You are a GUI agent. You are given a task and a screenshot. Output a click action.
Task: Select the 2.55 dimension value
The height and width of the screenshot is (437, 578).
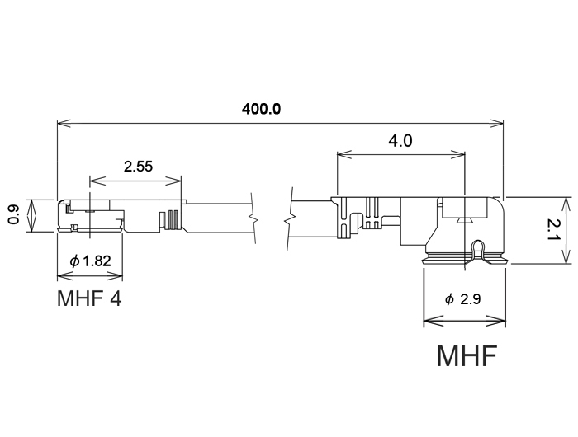pyautogui.click(x=138, y=167)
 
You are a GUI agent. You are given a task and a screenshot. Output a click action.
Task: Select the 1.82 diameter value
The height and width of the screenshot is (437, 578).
pyautogui.click(x=97, y=261)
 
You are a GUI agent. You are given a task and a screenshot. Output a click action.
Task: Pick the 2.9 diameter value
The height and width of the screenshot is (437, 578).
pyautogui.click(x=471, y=299)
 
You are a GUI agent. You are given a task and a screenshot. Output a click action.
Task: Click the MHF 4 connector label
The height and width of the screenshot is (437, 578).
pyautogui.click(x=89, y=298)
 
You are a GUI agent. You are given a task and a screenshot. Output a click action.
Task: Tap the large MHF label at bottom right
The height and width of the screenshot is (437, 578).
pyautogui.click(x=467, y=356)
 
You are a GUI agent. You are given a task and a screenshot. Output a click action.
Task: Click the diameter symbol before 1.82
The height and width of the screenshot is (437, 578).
pyautogui.click(x=75, y=261)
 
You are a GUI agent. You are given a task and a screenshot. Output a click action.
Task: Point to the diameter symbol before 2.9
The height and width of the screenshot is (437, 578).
pyautogui.click(x=449, y=299)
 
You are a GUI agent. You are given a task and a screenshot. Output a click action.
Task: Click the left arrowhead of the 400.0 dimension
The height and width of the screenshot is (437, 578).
pyautogui.click(x=61, y=125)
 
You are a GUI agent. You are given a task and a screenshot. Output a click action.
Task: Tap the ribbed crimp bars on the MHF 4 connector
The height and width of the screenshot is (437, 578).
pyautogui.click(x=173, y=219)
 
